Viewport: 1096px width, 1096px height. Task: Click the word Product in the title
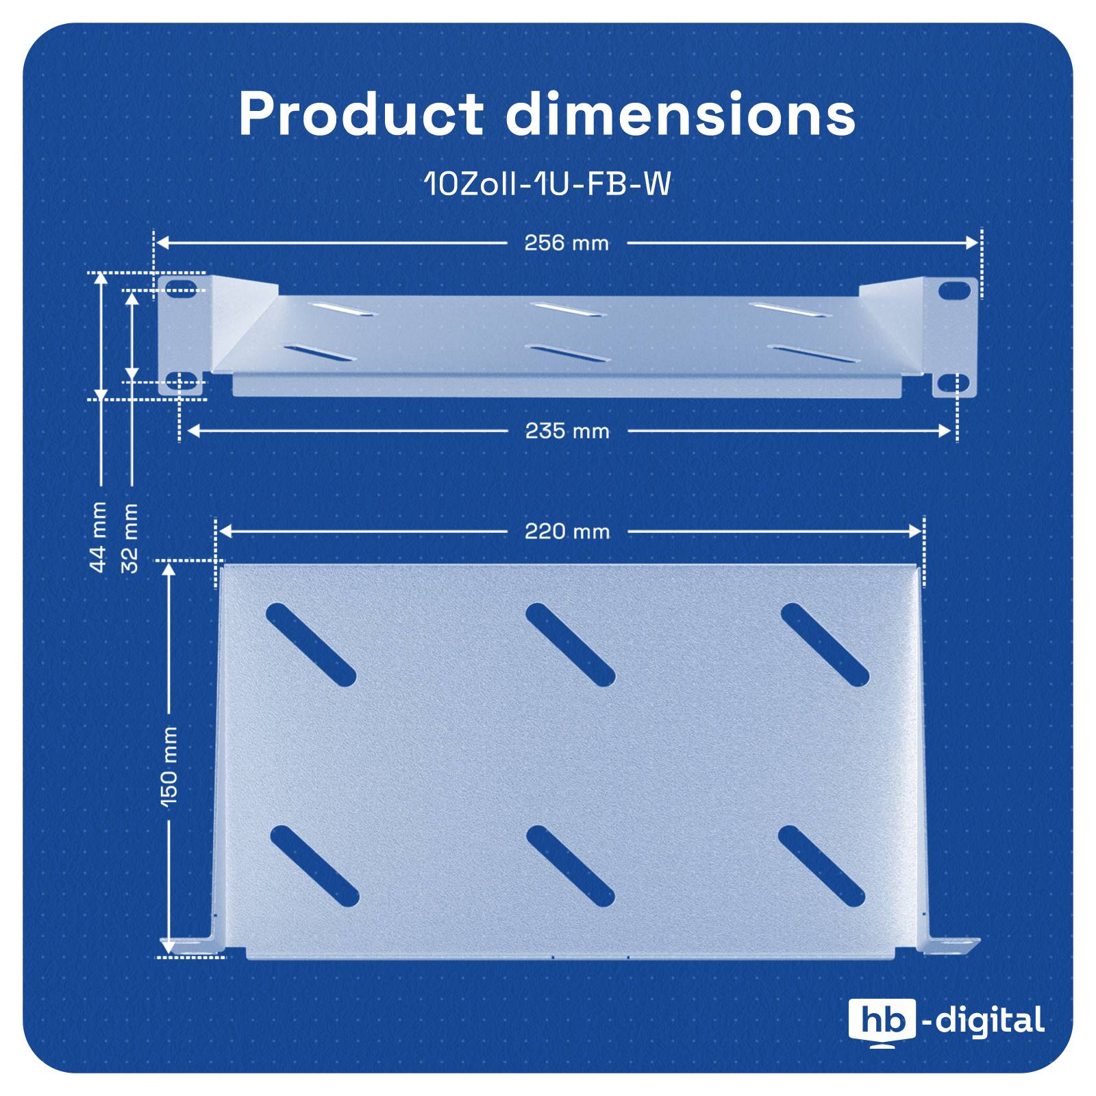click(x=360, y=114)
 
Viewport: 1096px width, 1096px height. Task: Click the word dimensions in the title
click(x=680, y=114)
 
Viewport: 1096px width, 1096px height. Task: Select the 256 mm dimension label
click(x=566, y=243)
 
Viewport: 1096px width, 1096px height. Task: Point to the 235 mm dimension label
click(x=567, y=431)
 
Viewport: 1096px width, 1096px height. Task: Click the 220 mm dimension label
click(x=567, y=532)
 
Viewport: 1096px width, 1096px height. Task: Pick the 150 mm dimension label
click(x=169, y=765)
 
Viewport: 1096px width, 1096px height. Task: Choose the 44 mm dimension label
click(x=99, y=537)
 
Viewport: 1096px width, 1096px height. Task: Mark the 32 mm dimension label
click(x=130, y=538)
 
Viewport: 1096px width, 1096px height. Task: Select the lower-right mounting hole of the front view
click(x=955, y=383)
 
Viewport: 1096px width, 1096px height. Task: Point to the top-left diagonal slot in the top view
click(x=310, y=644)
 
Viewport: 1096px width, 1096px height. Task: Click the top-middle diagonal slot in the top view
click(x=570, y=644)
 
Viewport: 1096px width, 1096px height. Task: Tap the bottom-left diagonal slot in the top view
click(x=314, y=866)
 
